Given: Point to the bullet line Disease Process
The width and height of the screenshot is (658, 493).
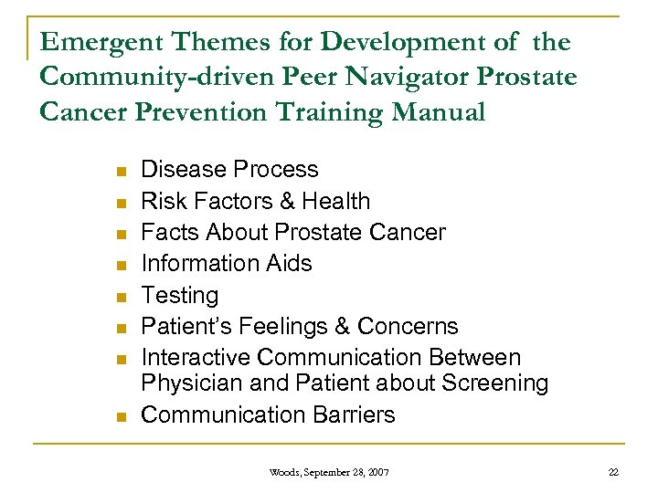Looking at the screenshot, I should (x=229, y=170).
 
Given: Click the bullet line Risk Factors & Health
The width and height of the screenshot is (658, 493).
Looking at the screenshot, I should (x=255, y=201).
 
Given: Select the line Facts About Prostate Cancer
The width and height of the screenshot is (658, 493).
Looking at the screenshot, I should (x=292, y=233).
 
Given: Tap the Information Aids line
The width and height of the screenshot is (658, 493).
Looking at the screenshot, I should (x=227, y=264).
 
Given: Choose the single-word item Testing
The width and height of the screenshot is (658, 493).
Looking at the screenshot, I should (x=180, y=295).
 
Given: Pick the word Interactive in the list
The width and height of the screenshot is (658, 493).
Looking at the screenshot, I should (x=193, y=358).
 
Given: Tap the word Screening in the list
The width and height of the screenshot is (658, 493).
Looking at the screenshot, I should (x=496, y=383).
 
